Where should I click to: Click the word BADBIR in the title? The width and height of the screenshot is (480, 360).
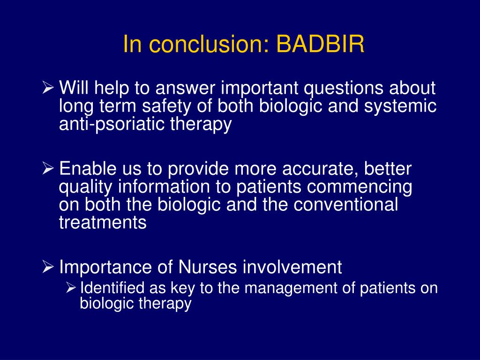pos(320,44)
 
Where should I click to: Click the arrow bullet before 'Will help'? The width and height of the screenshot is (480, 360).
pos(48,88)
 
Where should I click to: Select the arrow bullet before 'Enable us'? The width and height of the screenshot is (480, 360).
pos(48,169)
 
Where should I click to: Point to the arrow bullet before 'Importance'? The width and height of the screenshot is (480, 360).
pos(48,267)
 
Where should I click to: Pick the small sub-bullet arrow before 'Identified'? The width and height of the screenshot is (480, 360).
pos(71,287)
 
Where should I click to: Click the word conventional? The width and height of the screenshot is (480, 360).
pos(346,204)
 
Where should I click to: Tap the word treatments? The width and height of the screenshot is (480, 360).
pos(103,222)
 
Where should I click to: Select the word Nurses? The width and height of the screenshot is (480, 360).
pos(208,267)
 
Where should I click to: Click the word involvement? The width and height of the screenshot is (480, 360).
pos(292,267)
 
